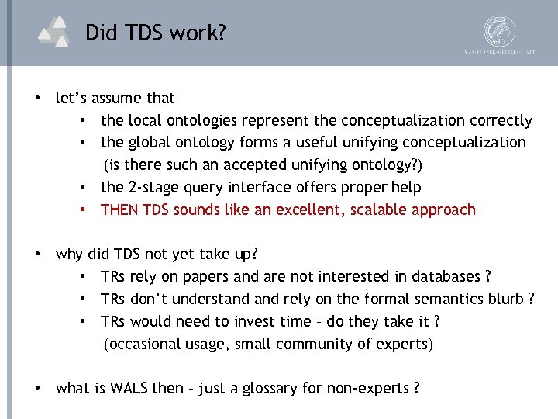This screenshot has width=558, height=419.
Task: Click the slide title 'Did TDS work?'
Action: point(156,33)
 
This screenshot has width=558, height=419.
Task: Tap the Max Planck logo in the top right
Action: point(499,33)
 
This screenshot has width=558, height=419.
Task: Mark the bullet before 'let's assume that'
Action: point(36,99)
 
